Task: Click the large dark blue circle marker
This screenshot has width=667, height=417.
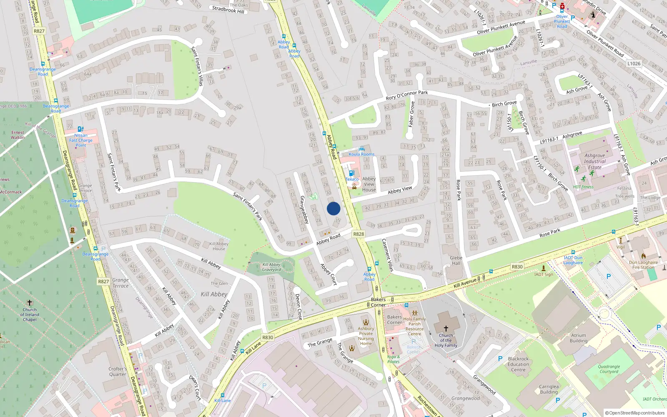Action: point(333,208)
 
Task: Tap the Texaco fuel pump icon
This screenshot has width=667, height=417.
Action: point(351,173)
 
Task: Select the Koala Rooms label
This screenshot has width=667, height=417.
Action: point(361,154)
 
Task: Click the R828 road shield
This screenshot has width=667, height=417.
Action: point(359,234)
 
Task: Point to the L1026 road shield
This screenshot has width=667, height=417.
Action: point(634,64)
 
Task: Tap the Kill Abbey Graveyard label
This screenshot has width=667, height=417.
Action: point(271,267)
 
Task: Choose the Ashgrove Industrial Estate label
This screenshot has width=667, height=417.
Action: point(594,161)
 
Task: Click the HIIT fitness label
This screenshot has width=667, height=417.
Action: point(583,187)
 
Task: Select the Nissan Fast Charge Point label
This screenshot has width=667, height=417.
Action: point(81,140)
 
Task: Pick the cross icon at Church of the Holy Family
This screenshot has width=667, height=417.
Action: point(446,329)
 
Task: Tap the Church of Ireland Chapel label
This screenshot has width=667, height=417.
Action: point(30,314)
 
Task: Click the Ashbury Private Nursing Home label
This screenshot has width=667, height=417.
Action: point(366,336)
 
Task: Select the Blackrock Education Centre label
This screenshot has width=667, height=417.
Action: point(518,364)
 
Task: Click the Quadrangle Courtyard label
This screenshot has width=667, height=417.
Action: point(609,369)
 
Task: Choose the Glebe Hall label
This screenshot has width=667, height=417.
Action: point(456,260)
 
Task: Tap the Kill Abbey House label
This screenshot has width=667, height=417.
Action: point(219,246)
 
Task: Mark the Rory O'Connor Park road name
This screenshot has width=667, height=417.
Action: point(406,95)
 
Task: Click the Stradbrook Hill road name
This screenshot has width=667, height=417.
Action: point(228,9)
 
